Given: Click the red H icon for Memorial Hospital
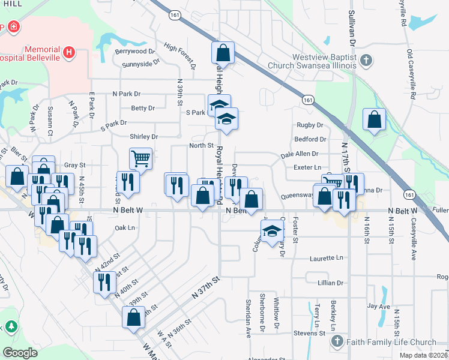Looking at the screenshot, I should [70, 53].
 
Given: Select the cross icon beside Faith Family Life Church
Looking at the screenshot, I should [337, 342].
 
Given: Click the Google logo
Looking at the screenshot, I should [20, 352].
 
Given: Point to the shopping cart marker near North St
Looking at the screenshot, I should [140, 159].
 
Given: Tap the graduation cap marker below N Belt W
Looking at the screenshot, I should [272, 231].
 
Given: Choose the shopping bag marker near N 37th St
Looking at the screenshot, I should [133, 317].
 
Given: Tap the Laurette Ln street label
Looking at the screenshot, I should [327, 258].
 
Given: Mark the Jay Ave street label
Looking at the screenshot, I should [379, 306].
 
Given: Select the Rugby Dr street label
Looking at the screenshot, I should [310, 125].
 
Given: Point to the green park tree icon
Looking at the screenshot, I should [10, 326].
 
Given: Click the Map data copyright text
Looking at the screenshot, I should [422, 355].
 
